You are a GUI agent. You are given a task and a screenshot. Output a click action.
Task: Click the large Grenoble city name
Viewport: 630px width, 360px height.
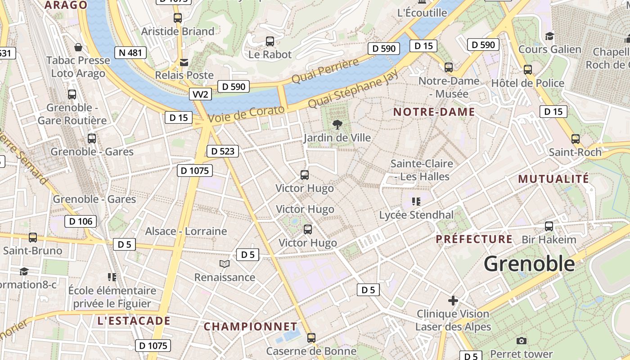pos(529,264)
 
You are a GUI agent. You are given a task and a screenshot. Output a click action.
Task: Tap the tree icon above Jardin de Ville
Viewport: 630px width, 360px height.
pos(337,125)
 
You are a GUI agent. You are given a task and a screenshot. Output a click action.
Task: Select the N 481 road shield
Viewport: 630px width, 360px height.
pos(130,53)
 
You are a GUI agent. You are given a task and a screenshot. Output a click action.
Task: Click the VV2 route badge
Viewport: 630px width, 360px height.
pos(200,94)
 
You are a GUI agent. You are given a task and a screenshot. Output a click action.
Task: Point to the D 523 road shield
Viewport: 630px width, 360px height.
pos(222,151)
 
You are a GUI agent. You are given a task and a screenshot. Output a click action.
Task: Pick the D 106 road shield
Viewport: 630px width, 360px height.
pos(81,221)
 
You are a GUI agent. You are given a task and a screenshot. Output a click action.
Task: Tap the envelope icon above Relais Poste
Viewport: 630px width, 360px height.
pos(184,62)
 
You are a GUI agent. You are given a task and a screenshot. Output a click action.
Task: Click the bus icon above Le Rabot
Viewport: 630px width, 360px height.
pos(270,41)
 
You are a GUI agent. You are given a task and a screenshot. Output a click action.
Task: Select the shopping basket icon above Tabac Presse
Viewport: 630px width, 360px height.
pos(78,47)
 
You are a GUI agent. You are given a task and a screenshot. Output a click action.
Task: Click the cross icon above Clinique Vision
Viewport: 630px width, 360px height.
pos(453,301)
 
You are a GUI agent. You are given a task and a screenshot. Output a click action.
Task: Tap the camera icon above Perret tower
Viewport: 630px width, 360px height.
pos(522,341)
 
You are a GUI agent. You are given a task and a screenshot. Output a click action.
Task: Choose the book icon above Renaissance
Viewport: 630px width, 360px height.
pos(225,264)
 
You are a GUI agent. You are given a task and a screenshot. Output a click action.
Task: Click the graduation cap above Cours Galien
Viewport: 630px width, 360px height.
pos(549,36)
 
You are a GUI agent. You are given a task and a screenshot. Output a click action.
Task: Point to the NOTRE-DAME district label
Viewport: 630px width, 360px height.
pos(434,112)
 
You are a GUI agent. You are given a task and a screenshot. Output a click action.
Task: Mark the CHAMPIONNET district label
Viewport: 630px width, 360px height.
pos(251,327)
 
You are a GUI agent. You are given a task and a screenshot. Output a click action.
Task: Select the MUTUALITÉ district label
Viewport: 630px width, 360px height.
pos(553,179)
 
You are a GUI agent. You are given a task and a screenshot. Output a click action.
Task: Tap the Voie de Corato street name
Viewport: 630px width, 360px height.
pos(247,114)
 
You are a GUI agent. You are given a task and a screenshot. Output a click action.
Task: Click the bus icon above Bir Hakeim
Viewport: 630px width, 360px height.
pos(549,226)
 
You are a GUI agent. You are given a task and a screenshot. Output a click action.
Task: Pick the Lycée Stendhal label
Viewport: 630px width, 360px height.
pos(416,215)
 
